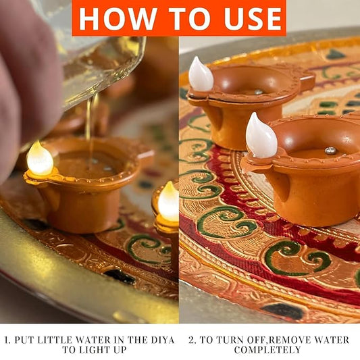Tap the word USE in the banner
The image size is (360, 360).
pos(253,18)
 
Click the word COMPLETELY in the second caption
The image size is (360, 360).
pos(267,350)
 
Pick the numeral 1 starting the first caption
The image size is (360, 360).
pos(7,340)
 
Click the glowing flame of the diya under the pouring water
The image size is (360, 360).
pos(40,159)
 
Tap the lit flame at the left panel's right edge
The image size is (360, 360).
pos(169,201)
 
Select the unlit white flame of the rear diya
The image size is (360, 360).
pos(201,74)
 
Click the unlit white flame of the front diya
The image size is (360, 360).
pos(261,136)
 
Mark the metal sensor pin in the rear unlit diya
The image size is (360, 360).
pos(259,92)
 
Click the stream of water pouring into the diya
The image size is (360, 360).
pos(91,128)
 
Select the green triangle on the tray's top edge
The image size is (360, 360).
pos(335,54)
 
